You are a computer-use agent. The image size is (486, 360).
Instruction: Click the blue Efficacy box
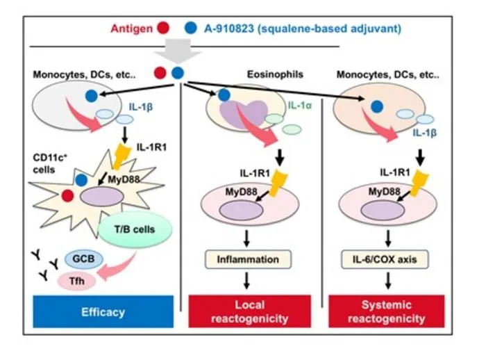point(103,311)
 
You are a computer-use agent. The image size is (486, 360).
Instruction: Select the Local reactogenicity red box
point(249,311)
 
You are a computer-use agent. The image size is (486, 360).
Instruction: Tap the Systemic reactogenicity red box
point(387,311)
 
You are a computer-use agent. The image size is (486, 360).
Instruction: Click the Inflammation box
point(248,259)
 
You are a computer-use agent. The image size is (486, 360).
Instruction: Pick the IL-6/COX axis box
point(385,259)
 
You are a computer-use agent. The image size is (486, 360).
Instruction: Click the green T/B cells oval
point(135,229)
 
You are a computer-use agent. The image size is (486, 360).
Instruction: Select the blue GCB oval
point(83,259)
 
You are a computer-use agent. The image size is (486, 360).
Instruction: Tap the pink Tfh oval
point(76,281)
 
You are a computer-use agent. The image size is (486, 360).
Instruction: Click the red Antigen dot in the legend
point(163,28)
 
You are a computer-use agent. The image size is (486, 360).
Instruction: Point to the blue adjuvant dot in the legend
point(191,28)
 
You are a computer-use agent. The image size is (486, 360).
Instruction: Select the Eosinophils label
point(275,74)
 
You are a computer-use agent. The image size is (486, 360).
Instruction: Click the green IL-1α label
point(300,106)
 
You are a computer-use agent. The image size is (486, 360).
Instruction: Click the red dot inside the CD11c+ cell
point(67,196)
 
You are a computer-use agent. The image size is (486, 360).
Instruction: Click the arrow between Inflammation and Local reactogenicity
point(246,281)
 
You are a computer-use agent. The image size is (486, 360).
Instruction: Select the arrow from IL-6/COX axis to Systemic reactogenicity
point(387,281)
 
